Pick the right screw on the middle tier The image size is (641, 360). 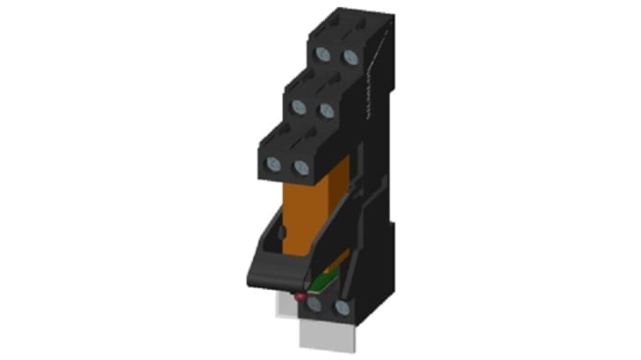pos(326,110)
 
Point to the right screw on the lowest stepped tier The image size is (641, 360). pos(301,166)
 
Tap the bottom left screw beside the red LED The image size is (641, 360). pos(316,307)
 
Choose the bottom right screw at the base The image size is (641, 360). pos(343,307)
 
